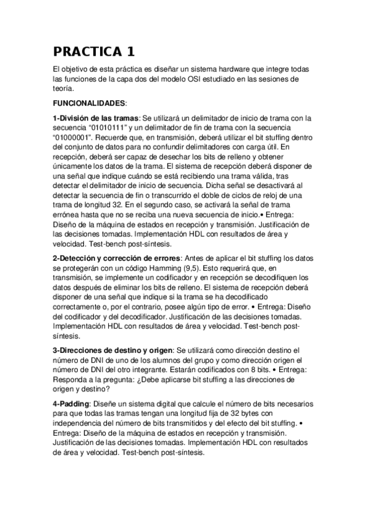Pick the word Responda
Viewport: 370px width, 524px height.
pyautogui.click(x=72, y=379)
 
